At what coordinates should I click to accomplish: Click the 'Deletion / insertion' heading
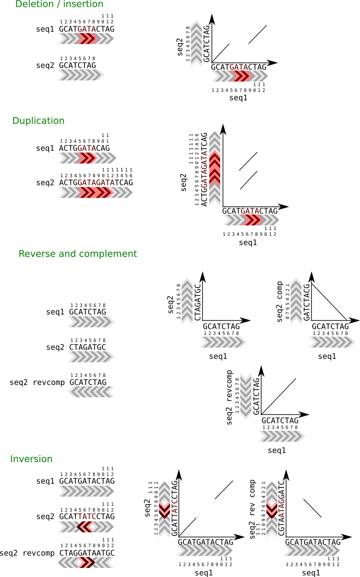point(59,5)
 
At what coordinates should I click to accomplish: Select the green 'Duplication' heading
point(39,121)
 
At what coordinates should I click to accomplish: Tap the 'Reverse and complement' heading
point(78,254)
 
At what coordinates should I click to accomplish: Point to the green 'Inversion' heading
point(31,459)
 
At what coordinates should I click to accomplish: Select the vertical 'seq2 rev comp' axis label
point(253,509)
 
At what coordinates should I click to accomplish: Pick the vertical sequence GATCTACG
point(307,302)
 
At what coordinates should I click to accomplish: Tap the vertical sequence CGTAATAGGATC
point(281,508)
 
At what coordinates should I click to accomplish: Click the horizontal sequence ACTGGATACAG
point(84,148)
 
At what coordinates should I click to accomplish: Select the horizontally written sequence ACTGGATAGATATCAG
point(96,183)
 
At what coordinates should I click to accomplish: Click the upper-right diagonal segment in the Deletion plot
point(257,35)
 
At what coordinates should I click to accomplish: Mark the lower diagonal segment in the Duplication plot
point(249,180)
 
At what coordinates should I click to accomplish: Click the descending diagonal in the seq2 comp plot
point(330,302)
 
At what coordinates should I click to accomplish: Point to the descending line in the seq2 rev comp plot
point(312,508)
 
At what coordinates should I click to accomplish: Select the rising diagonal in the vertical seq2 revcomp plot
point(279,396)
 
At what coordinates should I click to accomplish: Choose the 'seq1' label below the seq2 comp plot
point(327,356)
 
